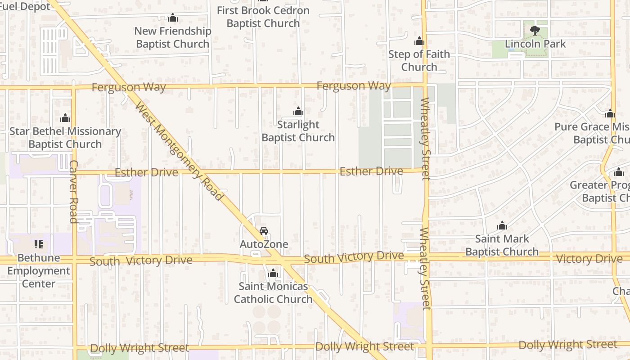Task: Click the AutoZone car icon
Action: pyautogui.click(x=264, y=231)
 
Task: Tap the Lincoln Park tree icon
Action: pyautogui.click(x=535, y=31)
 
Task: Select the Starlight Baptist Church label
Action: pyautogui.click(x=298, y=131)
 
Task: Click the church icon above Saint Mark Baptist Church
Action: pyautogui.click(x=502, y=225)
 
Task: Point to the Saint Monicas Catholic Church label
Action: pyautogui.click(x=273, y=292)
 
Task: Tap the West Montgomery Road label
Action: pyautogui.click(x=179, y=152)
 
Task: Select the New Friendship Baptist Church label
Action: pyautogui.click(x=173, y=37)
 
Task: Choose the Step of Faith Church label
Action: pyautogui.click(x=419, y=60)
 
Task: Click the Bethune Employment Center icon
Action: pyautogui.click(x=39, y=244)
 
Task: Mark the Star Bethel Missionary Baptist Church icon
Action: pyautogui.click(x=65, y=118)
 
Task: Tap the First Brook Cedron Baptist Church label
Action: pyautogui.click(x=263, y=17)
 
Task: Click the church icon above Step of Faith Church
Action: pyautogui.click(x=419, y=41)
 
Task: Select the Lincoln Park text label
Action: pyautogui.click(x=535, y=44)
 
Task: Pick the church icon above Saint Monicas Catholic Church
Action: pyautogui.click(x=273, y=273)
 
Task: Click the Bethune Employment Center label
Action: pyautogui.click(x=39, y=271)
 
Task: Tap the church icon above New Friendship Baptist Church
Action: pyautogui.click(x=173, y=18)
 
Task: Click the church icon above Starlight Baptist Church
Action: pyautogui.click(x=298, y=112)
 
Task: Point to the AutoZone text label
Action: pyautogui.click(x=264, y=244)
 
